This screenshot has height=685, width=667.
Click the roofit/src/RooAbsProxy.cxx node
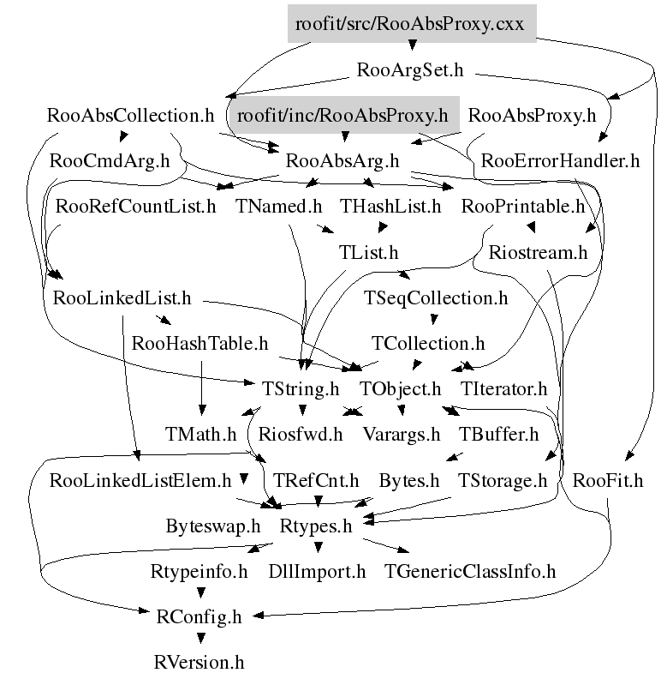point(411,24)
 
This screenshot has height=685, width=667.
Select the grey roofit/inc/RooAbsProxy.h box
point(342,115)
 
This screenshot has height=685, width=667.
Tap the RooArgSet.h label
point(409,70)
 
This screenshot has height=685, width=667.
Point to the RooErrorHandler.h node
point(561,160)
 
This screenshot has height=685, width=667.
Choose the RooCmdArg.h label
point(110,160)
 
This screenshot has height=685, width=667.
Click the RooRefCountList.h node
point(135,207)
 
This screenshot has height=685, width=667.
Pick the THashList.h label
point(390,207)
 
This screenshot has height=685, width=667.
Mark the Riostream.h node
point(538,252)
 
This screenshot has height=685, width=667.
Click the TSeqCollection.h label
point(436,298)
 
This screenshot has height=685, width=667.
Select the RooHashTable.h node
point(200,344)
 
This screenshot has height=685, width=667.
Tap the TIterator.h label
point(503,389)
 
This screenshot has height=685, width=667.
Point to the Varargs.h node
point(402,435)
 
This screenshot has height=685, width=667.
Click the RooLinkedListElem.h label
point(141,480)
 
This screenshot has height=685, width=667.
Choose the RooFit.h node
point(608,480)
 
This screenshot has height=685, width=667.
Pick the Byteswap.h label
point(213,526)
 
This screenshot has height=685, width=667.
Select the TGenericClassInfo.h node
point(470,571)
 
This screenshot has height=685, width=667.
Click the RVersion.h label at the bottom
point(200,662)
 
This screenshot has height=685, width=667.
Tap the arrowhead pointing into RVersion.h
point(200,640)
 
